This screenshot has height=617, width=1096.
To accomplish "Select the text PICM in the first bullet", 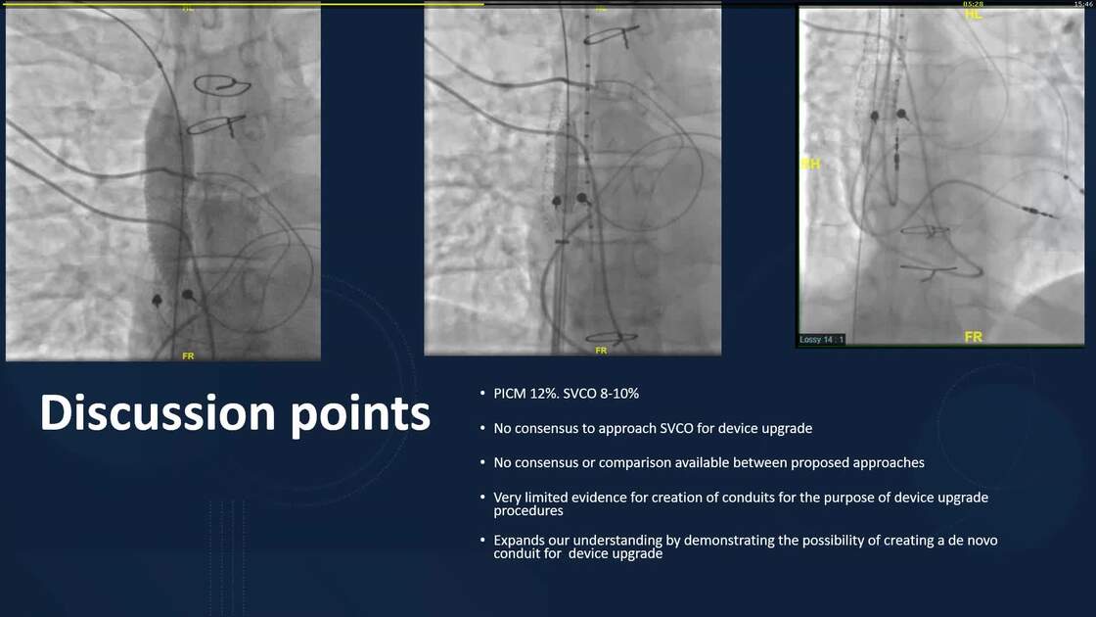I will [x=509, y=394].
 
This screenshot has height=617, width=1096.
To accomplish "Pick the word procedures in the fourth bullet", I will [x=528, y=510].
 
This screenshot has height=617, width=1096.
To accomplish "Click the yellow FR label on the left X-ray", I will [x=188, y=356].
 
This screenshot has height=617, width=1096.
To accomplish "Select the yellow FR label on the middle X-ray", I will [x=600, y=350].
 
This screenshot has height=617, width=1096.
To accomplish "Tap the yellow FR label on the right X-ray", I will [x=973, y=337].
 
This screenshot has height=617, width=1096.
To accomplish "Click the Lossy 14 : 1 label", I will [x=822, y=340].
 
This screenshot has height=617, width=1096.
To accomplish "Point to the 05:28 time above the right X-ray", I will [x=973, y=4].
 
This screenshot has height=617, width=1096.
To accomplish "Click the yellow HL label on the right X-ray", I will [x=973, y=14].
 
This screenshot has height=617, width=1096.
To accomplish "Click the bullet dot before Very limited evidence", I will [x=482, y=498].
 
